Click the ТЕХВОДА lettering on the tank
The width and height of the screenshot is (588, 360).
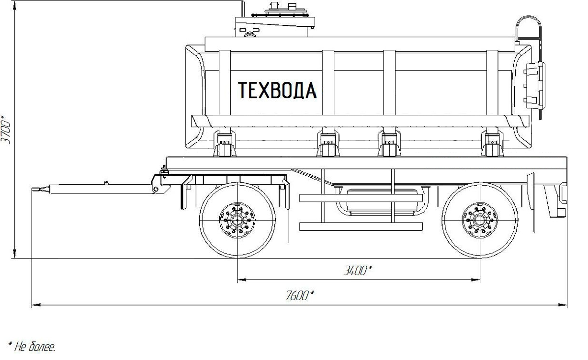[x=277, y=90]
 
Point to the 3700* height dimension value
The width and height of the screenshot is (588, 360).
[x=6, y=129]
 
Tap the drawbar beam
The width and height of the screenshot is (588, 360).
[x=96, y=189]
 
